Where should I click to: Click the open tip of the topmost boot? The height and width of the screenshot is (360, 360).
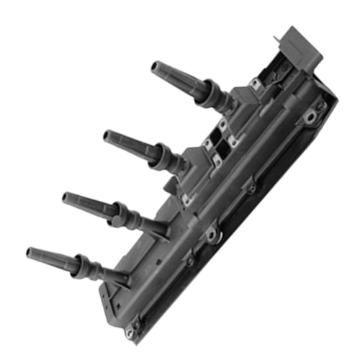tap(154, 67)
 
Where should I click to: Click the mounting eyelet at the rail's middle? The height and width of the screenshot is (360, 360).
tap(211, 234)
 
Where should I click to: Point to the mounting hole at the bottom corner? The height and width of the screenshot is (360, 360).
tap(130, 331)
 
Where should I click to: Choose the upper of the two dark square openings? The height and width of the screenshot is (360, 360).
tap(218, 135)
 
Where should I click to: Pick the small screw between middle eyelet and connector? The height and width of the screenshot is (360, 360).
tap(252, 189)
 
